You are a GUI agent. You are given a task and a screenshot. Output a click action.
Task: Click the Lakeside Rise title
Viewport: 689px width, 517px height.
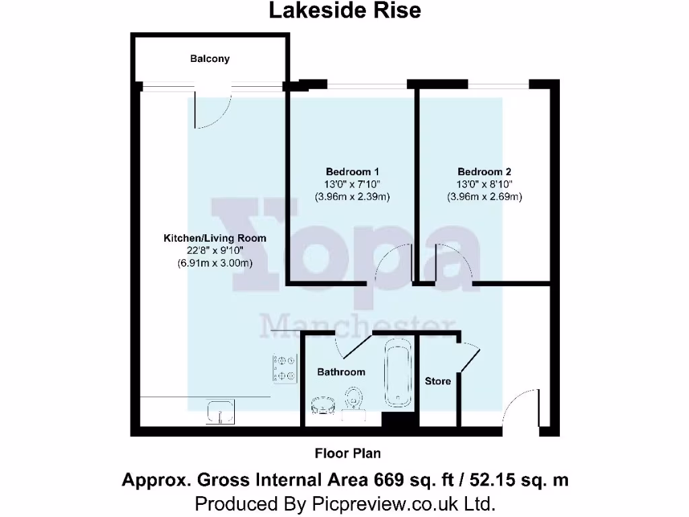pos(344,11)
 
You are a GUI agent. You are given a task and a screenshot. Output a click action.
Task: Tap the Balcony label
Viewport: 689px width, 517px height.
pos(209,59)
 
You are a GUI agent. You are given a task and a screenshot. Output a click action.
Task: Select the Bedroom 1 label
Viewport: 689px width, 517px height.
pos(353,172)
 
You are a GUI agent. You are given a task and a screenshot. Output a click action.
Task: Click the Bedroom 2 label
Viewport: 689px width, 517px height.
pos(484,172)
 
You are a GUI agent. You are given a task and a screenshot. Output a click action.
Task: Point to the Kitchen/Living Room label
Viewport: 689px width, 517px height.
pos(215,238)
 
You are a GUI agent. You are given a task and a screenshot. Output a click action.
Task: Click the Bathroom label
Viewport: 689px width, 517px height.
pos(341,372)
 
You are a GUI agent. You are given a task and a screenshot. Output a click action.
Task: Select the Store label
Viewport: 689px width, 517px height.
pos(437,381)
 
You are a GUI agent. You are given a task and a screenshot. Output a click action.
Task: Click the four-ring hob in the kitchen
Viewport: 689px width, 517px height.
pos(284,369)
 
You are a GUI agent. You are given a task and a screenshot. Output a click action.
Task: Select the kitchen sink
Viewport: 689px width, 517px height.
pos(220,411)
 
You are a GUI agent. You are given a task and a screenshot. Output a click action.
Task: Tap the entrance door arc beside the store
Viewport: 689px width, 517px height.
pos(520,411)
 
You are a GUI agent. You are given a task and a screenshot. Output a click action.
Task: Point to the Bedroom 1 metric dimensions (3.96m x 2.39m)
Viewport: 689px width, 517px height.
pos(353,197)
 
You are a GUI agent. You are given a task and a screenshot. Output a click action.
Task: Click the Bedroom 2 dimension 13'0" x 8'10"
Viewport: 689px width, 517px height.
pos(484,184)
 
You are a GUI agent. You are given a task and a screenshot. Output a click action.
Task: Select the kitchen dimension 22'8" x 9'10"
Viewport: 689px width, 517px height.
pos(215,251)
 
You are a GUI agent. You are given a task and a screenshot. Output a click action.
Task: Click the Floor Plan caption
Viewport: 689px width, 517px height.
pos(348,453)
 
